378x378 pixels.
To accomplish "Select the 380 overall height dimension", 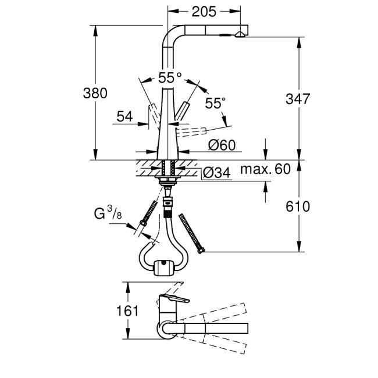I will (x=95, y=93).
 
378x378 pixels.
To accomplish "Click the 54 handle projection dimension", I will (x=124, y=116).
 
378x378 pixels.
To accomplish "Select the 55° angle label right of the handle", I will (x=214, y=103).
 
